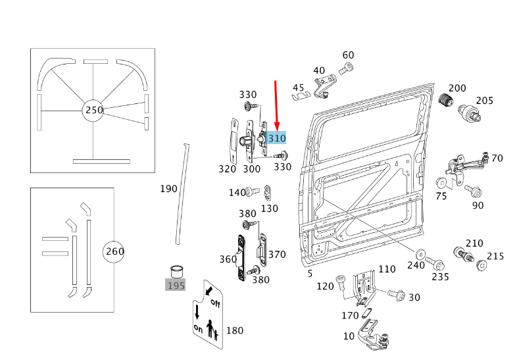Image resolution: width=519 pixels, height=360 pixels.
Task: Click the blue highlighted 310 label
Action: point(277,138)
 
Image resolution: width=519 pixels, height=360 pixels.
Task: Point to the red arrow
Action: point(276,105)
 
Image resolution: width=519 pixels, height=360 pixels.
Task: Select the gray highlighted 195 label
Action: point(175,285)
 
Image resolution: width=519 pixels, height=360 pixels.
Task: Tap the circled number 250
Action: point(94,110)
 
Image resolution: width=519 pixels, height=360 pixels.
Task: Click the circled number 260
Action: point(114,251)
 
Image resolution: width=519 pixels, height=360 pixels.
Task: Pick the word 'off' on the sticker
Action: point(214,303)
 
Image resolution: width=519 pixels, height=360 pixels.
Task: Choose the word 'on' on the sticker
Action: point(198,327)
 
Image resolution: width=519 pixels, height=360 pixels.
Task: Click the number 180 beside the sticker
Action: point(235,330)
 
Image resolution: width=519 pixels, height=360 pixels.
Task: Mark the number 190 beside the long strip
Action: point(168,189)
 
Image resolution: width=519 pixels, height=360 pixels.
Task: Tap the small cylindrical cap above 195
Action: point(176,270)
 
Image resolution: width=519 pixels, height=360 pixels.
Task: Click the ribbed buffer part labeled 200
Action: point(447,101)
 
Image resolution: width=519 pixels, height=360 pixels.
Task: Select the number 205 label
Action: point(484,100)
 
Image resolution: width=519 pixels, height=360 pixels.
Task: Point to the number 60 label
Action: point(348,55)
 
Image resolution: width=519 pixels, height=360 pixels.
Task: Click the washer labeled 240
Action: point(420,253)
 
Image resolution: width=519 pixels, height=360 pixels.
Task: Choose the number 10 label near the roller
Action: point(349,336)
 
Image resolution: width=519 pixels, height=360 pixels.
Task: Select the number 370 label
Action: point(277,254)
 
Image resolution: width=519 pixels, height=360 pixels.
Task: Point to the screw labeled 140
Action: point(253,192)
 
